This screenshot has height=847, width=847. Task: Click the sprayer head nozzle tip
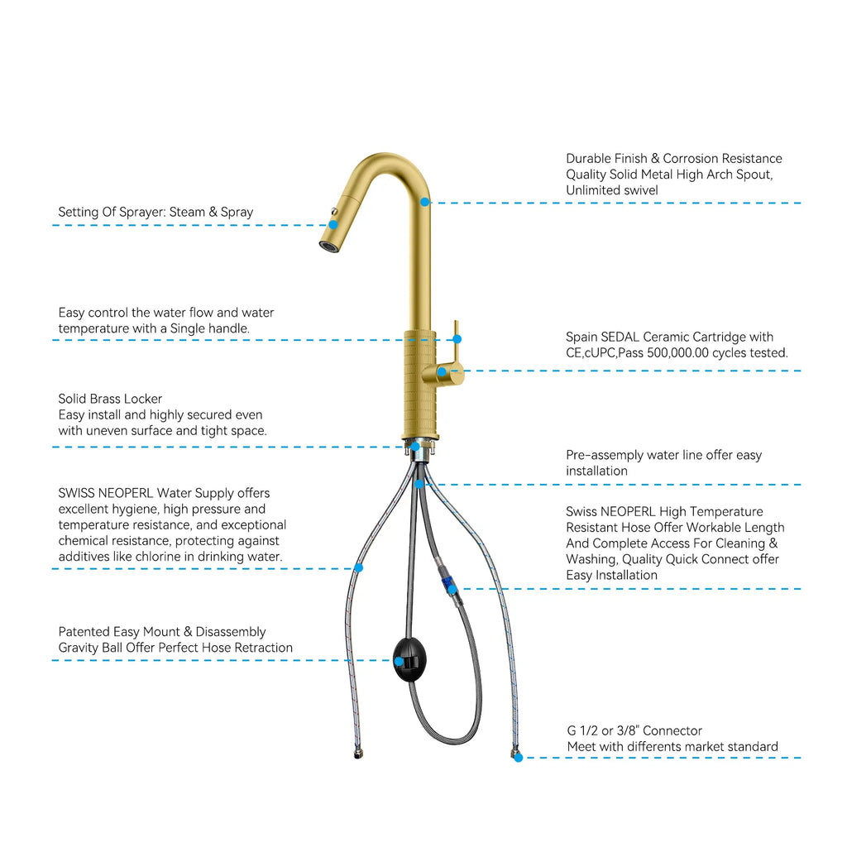pyautogui.click(x=329, y=246)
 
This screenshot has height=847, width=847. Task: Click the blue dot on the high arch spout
pyautogui.click(x=424, y=201)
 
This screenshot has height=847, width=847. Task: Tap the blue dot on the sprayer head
pyautogui.click(x=333, y=224)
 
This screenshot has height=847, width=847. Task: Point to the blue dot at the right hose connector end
pyautogui.click(x=518, y=757)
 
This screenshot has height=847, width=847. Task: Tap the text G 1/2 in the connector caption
pyautogui.click(x=582, y=731)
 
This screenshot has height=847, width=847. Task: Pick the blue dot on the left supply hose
pyautogui.click(x=358, y=567)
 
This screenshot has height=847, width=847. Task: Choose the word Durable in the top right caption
pyautogui.click(x=590, y=159)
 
